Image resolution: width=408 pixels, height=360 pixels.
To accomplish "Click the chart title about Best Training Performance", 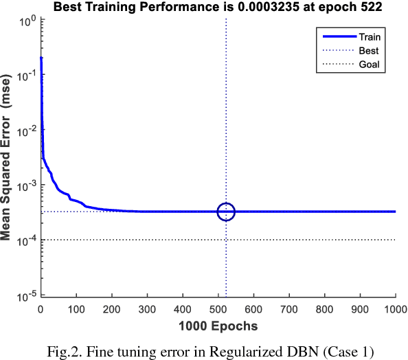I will (217, 8).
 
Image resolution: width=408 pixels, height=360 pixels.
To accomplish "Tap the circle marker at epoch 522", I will (226, 212).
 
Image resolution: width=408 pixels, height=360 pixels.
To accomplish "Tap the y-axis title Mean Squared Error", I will (8, 158).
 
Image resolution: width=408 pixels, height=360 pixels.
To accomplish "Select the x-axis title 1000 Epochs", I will (218, 324).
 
